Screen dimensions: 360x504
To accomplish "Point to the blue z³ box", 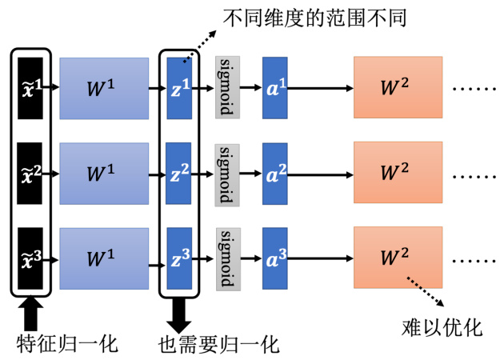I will tap(179, 258).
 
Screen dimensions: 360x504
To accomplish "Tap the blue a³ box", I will tap(274, 258).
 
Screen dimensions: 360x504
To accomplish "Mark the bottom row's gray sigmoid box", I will tap(227, 258).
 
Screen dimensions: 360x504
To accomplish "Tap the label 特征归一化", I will tap(67, 344).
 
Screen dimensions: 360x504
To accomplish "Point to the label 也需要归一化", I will tap(219, 344).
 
